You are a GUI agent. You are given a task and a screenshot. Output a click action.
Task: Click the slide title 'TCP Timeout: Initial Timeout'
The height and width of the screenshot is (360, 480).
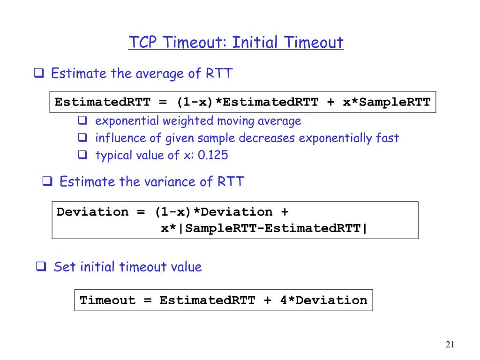(x=236, y=43)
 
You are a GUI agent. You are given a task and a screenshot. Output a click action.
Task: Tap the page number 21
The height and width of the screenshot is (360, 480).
(x=450, y=345)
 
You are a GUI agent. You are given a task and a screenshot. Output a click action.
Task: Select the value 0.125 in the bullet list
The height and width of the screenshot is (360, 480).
(x=213, y=155)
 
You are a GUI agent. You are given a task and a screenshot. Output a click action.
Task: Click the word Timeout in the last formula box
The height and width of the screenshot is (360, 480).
(x=107, y=300)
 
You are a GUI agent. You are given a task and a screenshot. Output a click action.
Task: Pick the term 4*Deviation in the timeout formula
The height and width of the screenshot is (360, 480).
(x=323, y=300)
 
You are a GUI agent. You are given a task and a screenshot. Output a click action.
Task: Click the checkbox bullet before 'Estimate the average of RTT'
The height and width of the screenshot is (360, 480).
(x=39, y=74)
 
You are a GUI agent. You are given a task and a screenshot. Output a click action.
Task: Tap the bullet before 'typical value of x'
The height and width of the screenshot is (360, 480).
(x=82, y=155)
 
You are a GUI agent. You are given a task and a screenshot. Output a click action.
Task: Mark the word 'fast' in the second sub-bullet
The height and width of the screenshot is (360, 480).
(x=387, y=138)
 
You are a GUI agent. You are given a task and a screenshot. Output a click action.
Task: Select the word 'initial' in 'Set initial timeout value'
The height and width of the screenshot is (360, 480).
(x=98, y=267)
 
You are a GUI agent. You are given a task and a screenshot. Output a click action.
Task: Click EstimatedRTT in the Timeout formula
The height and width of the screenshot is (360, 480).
(x=207, y=300)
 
